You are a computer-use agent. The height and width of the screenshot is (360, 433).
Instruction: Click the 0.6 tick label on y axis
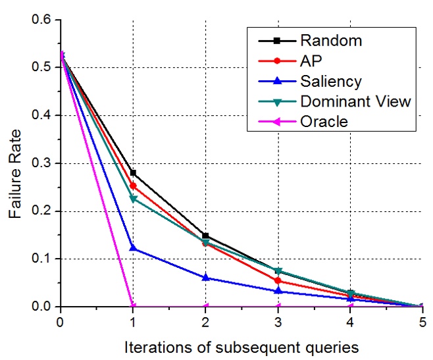coord(41,20)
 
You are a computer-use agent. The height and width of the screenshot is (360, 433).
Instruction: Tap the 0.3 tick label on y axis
coord(41,163)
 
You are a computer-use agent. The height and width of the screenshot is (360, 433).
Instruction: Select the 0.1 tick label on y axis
coord(41,259)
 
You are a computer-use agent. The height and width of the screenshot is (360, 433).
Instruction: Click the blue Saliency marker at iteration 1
coord(133,248)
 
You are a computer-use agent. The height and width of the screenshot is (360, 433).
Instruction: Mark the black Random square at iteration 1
coord(133,172)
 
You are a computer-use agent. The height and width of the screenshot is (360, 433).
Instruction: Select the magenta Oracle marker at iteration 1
coord(133,306)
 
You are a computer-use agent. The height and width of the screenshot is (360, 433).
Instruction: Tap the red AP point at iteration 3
coord(278,280)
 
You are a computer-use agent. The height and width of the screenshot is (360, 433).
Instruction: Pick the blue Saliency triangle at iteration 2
coord(205,278)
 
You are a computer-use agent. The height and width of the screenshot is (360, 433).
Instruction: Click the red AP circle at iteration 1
coord(133,186)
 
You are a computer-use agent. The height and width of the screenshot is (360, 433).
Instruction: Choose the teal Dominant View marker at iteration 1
coord(133,199)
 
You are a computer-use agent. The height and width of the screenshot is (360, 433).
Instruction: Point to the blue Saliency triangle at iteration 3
coord(278,290)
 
